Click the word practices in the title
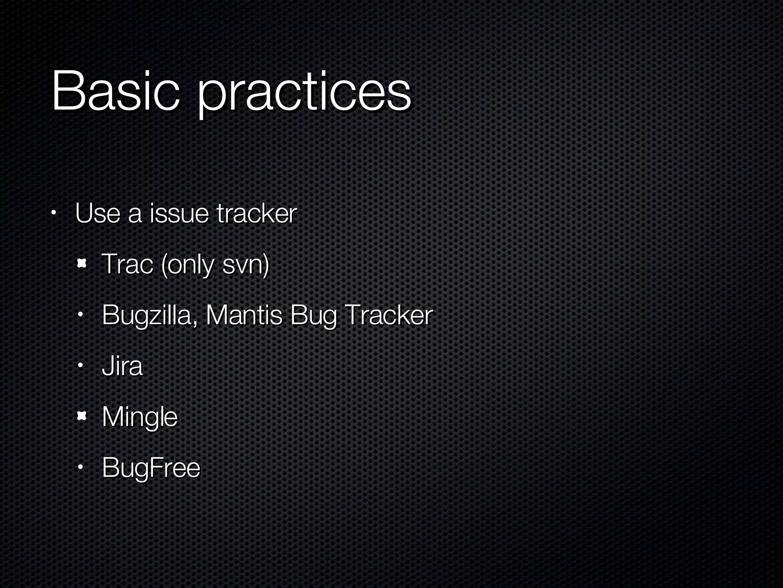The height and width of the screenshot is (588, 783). coord(304,94)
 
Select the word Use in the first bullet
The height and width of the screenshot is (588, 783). coord(98,213)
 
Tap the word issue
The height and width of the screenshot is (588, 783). coord(179,213)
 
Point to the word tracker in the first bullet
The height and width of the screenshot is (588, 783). coord(257,213)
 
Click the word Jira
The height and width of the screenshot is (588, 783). coord(122,366)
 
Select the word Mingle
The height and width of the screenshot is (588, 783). coord(140,417)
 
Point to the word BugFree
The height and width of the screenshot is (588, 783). coord(151,468)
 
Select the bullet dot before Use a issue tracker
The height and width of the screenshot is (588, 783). coord(54,213)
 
